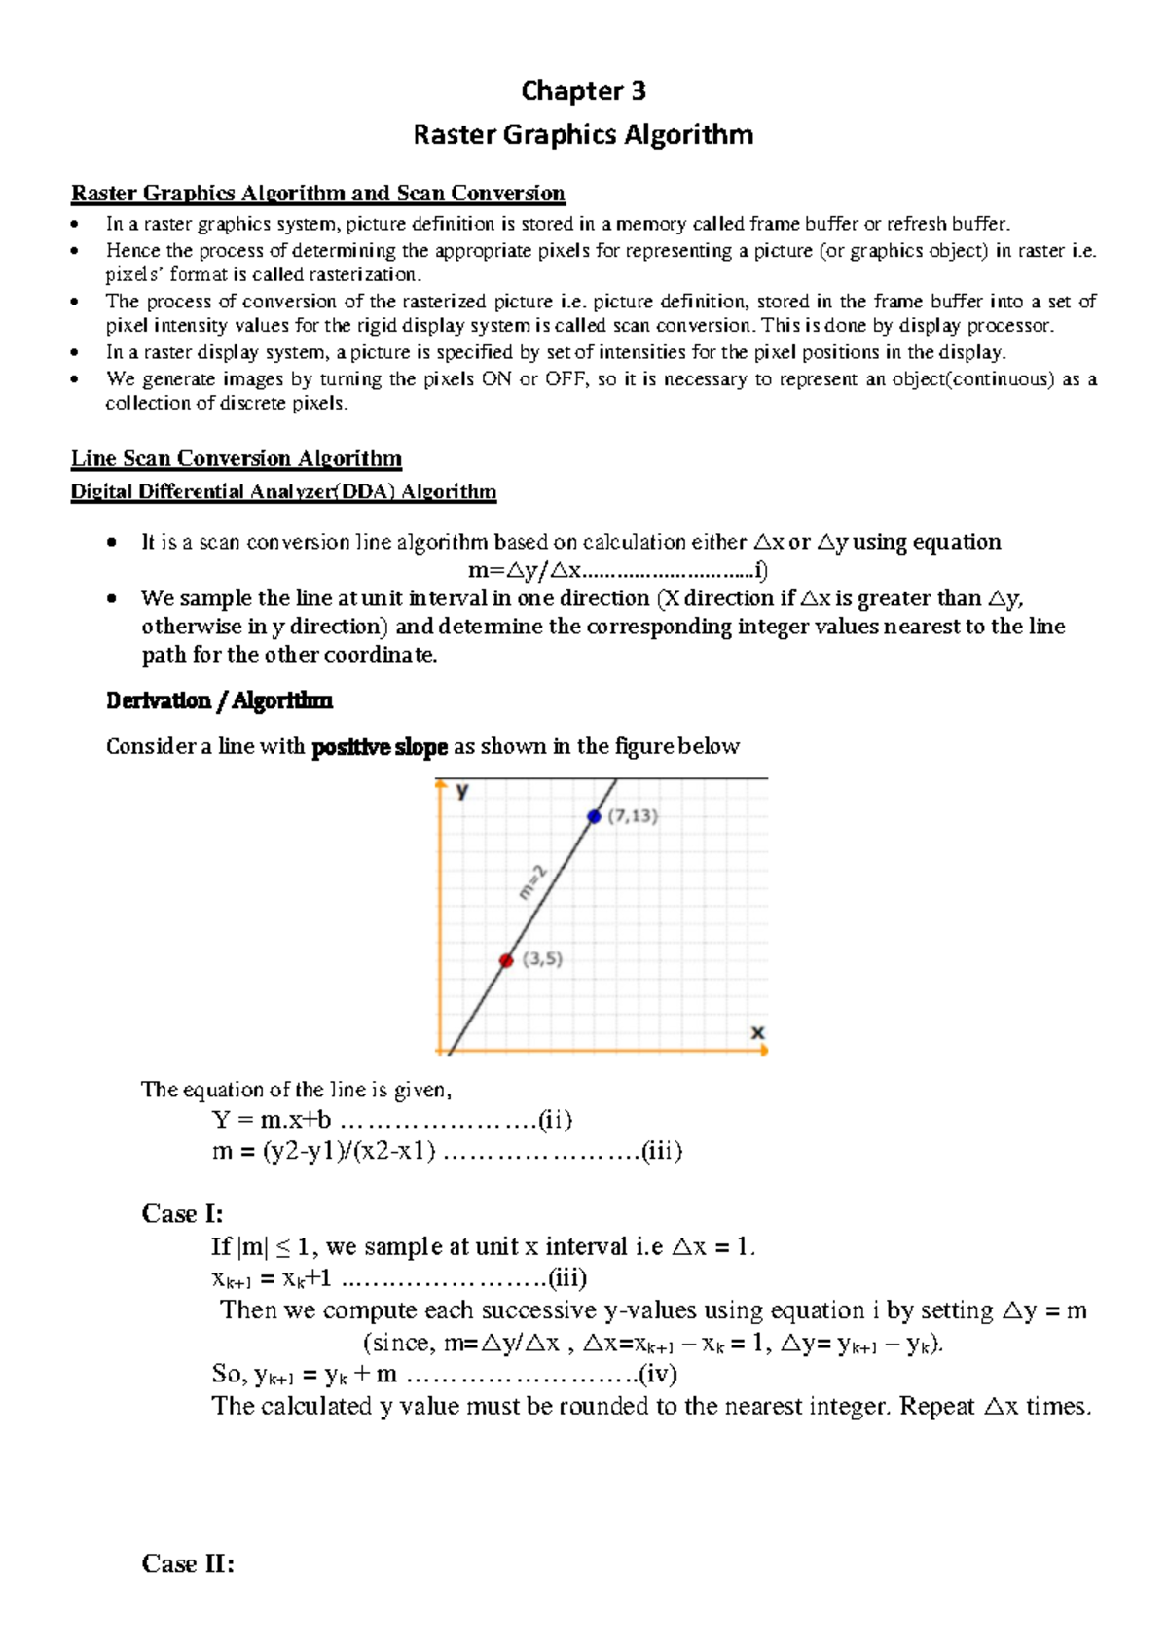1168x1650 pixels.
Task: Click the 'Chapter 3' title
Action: click(583, 90)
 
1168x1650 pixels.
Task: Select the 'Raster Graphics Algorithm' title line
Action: click(583, 134)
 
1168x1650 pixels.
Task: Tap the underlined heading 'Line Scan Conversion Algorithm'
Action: click(237, 458)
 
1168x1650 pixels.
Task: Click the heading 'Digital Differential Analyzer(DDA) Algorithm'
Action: click(283, 491)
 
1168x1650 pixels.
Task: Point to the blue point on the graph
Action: click(594, 816)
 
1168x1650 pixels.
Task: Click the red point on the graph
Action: click(506, 960)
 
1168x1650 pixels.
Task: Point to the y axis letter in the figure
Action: click(462, 791)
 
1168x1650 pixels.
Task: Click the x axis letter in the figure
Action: click(757, 1032)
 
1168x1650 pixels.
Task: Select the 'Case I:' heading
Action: click(182, 1213)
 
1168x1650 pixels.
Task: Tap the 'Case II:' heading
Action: click(187, 1563)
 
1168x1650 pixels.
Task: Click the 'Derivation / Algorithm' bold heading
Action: click(219, 700)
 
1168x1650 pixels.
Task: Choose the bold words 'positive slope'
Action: click(379, 747)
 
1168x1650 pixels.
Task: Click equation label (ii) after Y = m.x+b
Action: click(555, 1120)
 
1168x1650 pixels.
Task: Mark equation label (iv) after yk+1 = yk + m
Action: click(657, 1374)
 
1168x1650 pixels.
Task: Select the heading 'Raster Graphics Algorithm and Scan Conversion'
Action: click(317, 193)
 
